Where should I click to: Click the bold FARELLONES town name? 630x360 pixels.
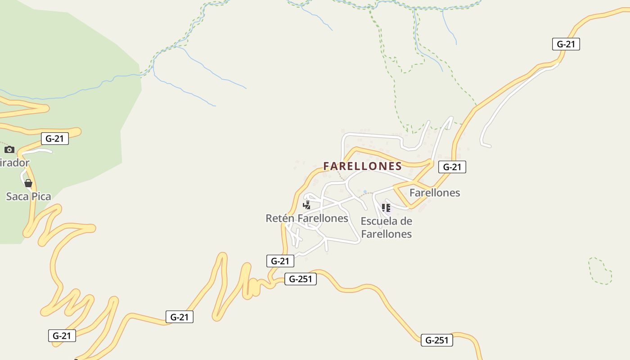click(362, 166)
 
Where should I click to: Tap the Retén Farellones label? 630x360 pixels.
click(307, 218)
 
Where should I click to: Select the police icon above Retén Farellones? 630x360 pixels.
click(307, 206)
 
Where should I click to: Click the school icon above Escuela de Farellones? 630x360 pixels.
click(386, 207)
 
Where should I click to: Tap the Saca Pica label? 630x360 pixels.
click(28, 196)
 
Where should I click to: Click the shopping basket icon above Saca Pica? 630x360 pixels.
click(28, 183)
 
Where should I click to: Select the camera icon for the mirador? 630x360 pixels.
click(9, 149)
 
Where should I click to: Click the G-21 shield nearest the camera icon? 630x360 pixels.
click(55, 139)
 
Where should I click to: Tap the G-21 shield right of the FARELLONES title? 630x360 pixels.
click(452, 167)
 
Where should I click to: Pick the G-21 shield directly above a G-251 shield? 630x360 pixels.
click(280, 261)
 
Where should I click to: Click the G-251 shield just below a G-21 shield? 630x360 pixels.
click(300, 279)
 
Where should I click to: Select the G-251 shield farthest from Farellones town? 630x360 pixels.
click(437, 340)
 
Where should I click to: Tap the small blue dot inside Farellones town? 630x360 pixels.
click(365, 192)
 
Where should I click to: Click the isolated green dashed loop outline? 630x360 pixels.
click(600, 271)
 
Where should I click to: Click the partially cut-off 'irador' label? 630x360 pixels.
click(14, 162)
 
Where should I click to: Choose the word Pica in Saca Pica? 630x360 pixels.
click(40, 196)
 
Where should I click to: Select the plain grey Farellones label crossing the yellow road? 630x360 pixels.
click(435, 193)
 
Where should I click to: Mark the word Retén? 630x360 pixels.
click(280, 218)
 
